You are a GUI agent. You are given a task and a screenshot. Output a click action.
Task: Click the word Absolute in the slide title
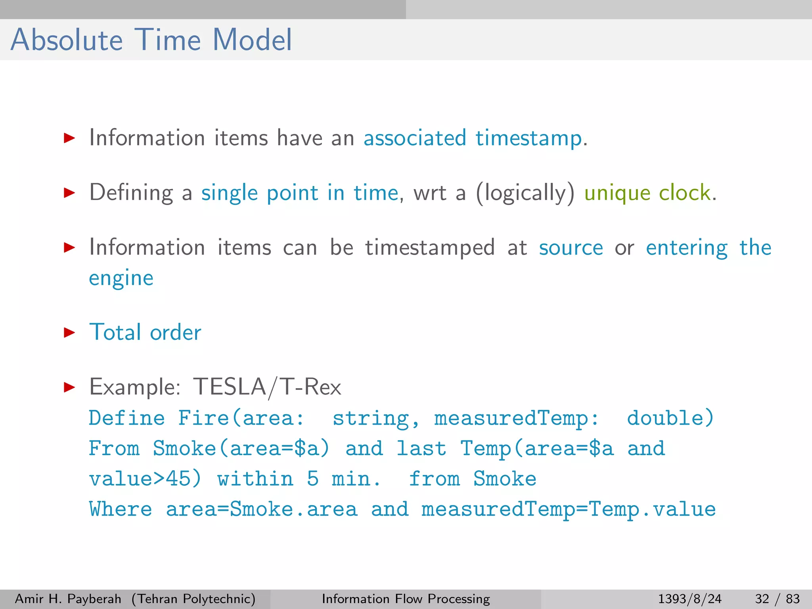67,40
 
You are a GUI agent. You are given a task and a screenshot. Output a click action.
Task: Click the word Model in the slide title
252,40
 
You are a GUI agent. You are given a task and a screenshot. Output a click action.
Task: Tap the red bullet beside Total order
69,332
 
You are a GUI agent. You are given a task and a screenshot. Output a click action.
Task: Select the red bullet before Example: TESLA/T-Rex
69,387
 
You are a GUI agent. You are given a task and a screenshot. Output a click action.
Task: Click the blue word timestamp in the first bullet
529,139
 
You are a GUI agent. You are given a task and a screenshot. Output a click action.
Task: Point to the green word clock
684,193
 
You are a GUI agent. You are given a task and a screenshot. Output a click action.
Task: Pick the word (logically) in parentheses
525,193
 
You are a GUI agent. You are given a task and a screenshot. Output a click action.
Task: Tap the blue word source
571,248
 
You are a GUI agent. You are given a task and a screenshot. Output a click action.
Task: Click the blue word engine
121,278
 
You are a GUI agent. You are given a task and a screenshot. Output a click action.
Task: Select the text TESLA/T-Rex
267,387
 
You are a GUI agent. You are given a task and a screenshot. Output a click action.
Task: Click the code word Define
126,418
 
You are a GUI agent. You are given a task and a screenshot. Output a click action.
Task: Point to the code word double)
670,418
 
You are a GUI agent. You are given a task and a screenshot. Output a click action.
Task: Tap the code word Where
121,509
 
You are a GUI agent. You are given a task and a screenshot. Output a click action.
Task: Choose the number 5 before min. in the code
313,479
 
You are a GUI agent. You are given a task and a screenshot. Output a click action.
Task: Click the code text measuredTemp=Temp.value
569,509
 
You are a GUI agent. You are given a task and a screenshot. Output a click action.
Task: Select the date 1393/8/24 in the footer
689,599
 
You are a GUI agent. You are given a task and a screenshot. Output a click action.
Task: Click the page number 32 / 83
777,599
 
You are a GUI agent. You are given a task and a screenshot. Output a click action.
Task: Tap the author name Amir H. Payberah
68,599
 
